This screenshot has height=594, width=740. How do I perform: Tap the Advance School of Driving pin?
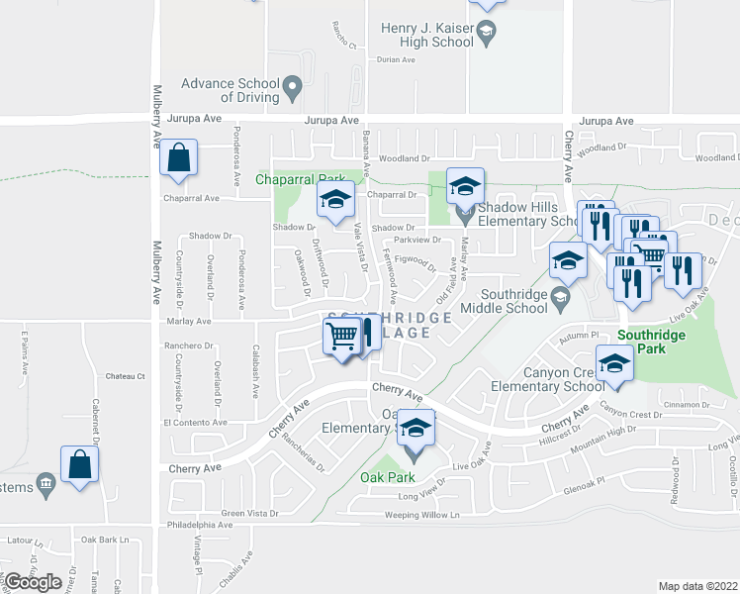292,89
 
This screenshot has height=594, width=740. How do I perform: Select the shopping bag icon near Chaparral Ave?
178,158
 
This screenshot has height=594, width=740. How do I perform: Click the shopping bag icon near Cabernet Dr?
79,464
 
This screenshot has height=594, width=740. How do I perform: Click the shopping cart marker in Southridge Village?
341,337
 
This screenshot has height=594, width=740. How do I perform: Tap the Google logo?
33,582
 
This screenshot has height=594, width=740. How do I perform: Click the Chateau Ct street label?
126,376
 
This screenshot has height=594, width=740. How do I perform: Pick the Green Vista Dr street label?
249,513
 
